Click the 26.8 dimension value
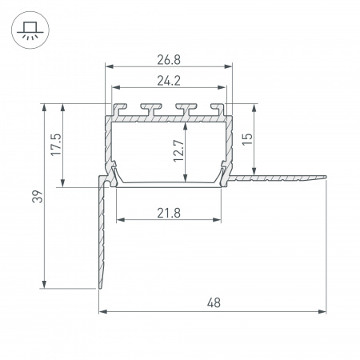(169, 60)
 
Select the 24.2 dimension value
(169, 81)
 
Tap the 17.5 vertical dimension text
(56, 145)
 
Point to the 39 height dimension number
(38, 197)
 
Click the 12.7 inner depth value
(178, 150)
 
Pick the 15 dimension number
(247, 139)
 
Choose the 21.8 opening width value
(169, 213)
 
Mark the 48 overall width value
(214, 303)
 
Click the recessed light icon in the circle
(30, 30)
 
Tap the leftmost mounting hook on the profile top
(119, 109)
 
